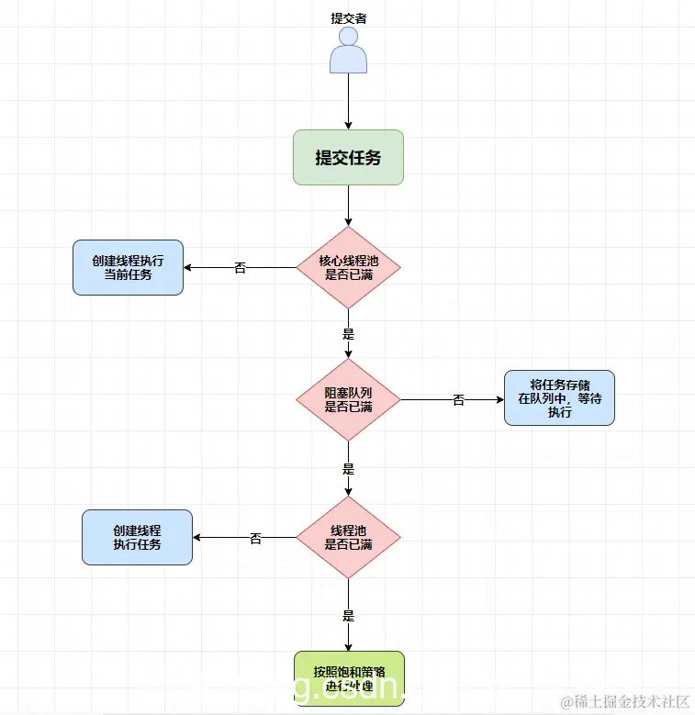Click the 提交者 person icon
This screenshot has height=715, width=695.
click(x=349, y=50)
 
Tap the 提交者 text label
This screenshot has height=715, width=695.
click(x=349, y=17)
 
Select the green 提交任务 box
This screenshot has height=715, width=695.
click(x=349, y=157)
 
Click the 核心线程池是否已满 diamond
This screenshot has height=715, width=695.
click(x=349, y=267)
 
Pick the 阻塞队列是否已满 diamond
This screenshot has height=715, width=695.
click(x=349, y=399)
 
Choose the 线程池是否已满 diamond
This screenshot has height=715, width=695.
click(x=349, y=538)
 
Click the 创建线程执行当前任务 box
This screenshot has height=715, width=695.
click(x=129, y=267)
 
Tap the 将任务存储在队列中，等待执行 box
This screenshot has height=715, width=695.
click(x=559, y=397)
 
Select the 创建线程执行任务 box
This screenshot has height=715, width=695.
click(x=138, y=537)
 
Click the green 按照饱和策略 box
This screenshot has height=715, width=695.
click(x=349, y=678)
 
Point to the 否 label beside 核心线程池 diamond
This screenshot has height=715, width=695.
click(x=241, y=268)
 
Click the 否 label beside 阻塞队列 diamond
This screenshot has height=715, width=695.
click(x=459, y=400)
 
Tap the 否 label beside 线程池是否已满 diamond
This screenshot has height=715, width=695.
click(x=256, y=539)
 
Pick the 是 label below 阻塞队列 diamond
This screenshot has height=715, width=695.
click(x=349, y=468)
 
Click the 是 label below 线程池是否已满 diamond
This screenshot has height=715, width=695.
click(x=349, y=615)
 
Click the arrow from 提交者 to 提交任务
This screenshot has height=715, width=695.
click(x=349, y=101)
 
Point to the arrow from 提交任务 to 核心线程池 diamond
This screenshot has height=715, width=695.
click(x=349, y=205)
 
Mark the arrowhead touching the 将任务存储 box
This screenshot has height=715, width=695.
click(x=499, y=399)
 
